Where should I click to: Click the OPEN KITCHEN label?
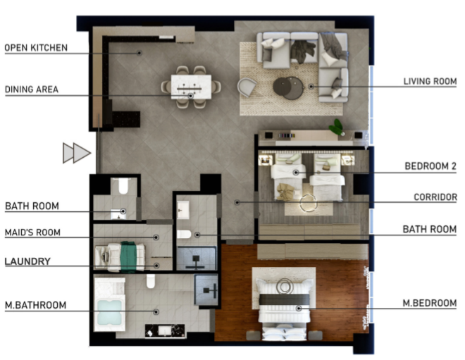[36, 48]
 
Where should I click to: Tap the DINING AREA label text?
[32, 89]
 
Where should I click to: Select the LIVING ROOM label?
[430, 81]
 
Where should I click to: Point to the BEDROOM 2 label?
[430, 166]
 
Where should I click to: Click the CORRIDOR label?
[435, 197]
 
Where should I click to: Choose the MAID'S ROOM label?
[32, 232]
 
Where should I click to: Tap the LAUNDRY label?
[27, 261]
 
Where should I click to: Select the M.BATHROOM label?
[36, 305]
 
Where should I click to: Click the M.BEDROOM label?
[430, 303]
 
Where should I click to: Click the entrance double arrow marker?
[77, 153]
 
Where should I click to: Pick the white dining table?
[191, 87]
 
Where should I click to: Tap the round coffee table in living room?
[288, 88]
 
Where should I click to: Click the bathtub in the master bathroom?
[109, 311]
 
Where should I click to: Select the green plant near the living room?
[336, 127]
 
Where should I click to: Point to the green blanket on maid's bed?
[128, 257]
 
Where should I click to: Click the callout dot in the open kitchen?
[139, 53]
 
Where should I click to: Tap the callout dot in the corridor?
[237, 202]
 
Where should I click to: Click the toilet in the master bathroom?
[151, 281]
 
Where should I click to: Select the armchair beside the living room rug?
[247, 87]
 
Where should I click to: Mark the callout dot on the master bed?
[299, 309]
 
